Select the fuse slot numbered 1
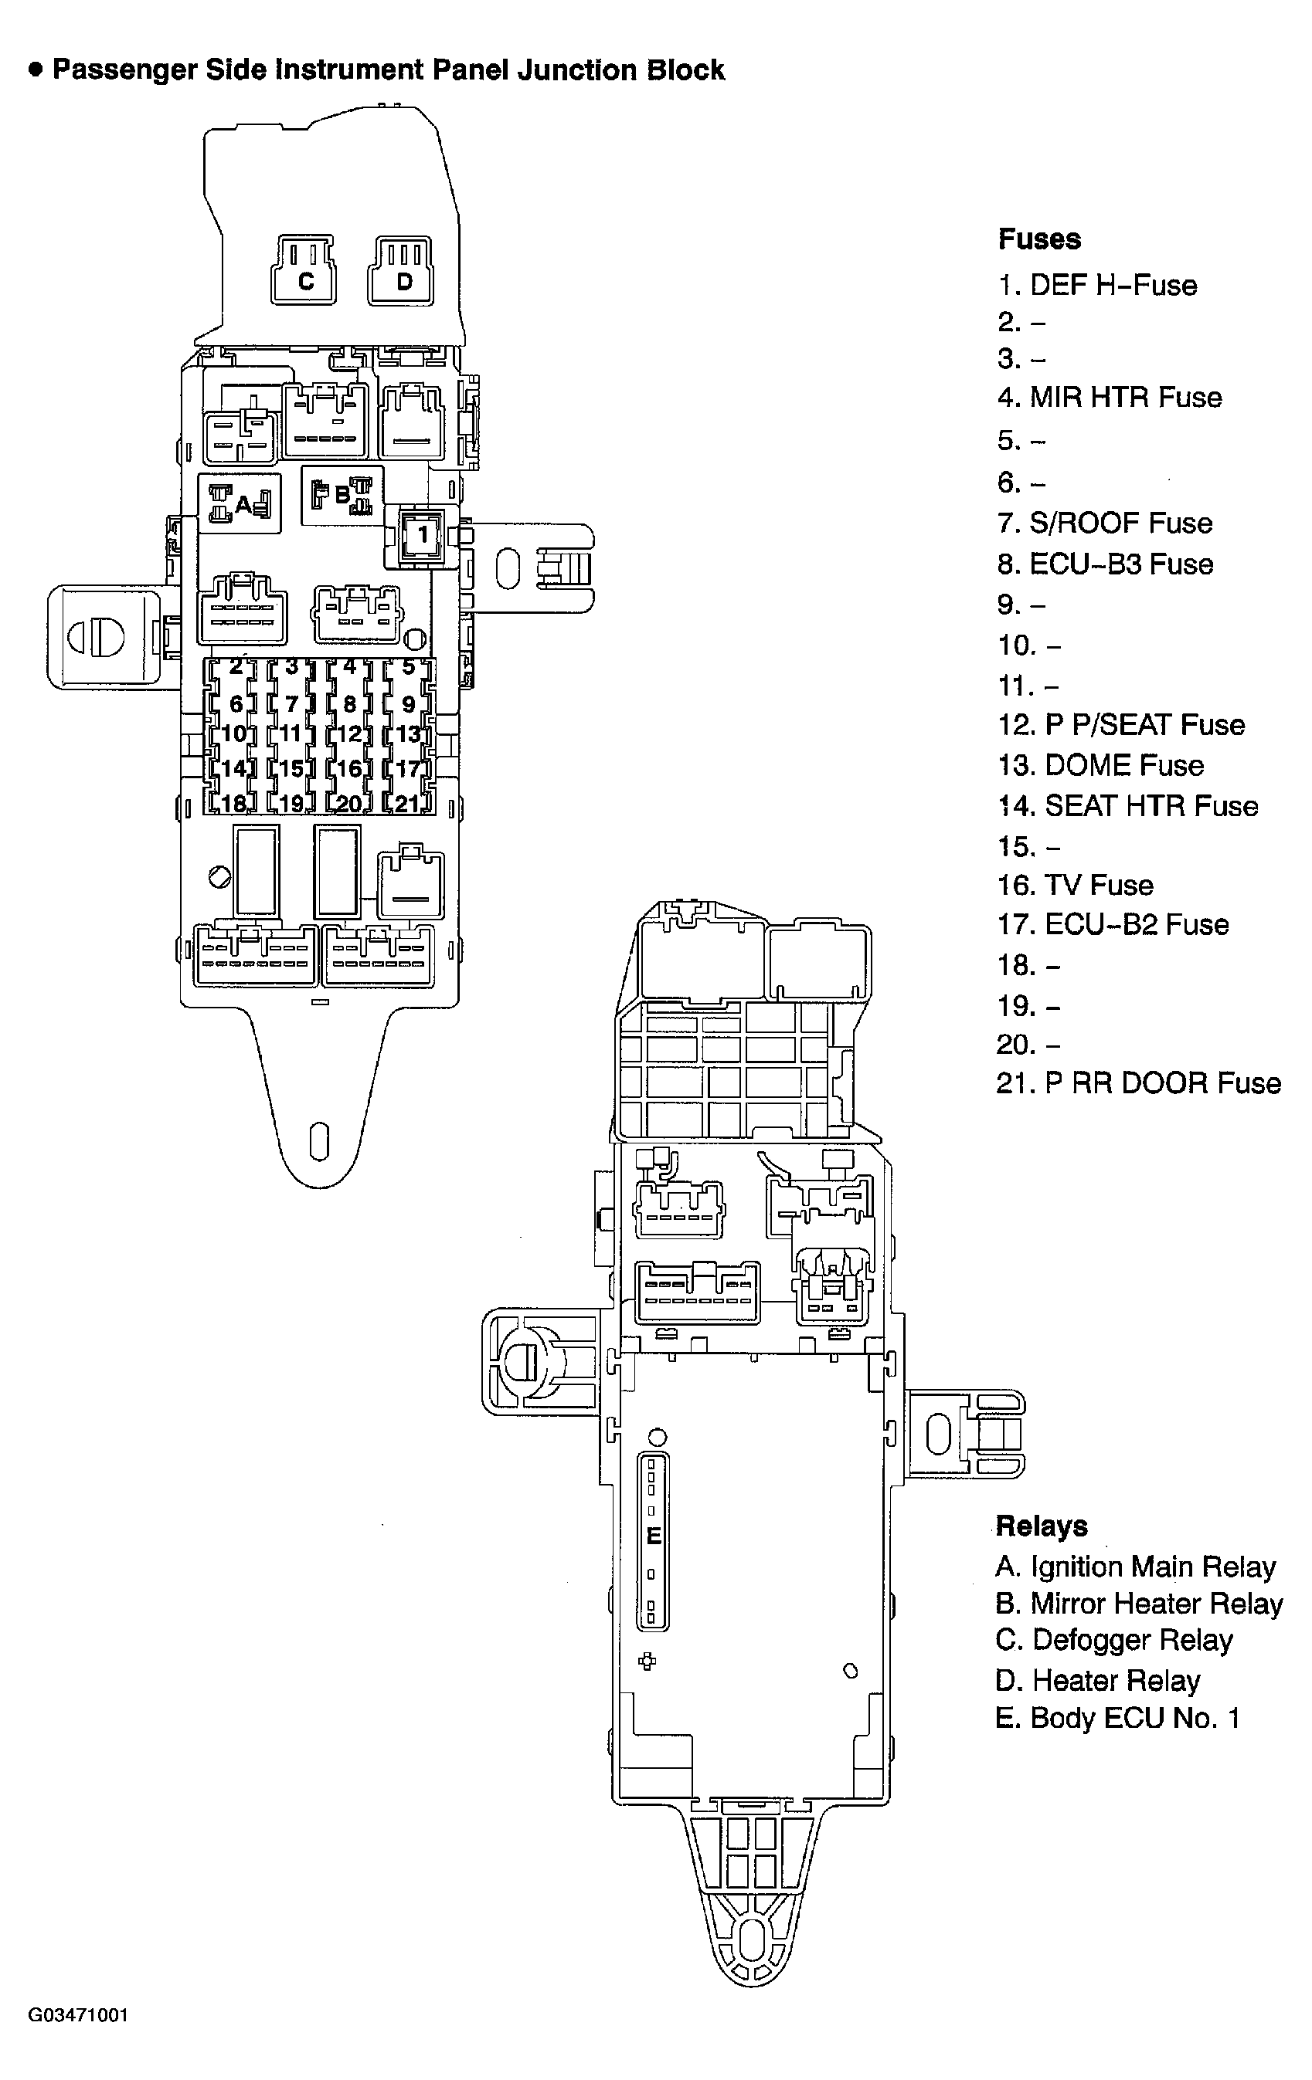point(423,536)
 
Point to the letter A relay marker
point(242,503)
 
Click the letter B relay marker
point(342,496)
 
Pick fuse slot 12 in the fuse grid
point(349,734)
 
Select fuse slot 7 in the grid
point(292,704)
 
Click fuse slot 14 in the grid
point(234,768)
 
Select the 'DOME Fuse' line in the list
point(1100,765)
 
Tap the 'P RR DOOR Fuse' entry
point(1138,1083)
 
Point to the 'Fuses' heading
point(1039,239)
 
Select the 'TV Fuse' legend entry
point(1076,886)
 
